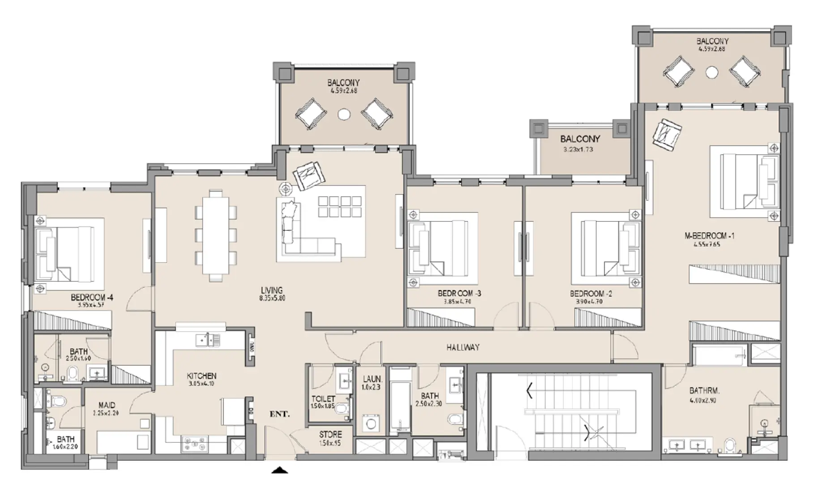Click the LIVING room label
(x=272, y=290)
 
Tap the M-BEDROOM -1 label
(x=709, y=236)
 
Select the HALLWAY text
(x=463, y=347)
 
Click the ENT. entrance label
(x=279, y=414)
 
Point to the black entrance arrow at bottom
(x=280, y=470)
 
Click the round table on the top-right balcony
(x=712, y=72)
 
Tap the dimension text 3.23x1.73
(x=578, y=150)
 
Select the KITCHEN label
(x=201, y=376)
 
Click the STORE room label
(x=330, y=434)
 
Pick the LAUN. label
(x=372, y=379)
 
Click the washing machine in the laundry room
(x=371, y=424)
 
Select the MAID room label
(x=107, y=405)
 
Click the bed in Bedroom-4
(x=67, y=253)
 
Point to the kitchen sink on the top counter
(x=207, y=341)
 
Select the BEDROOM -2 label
(x=590, y=294)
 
